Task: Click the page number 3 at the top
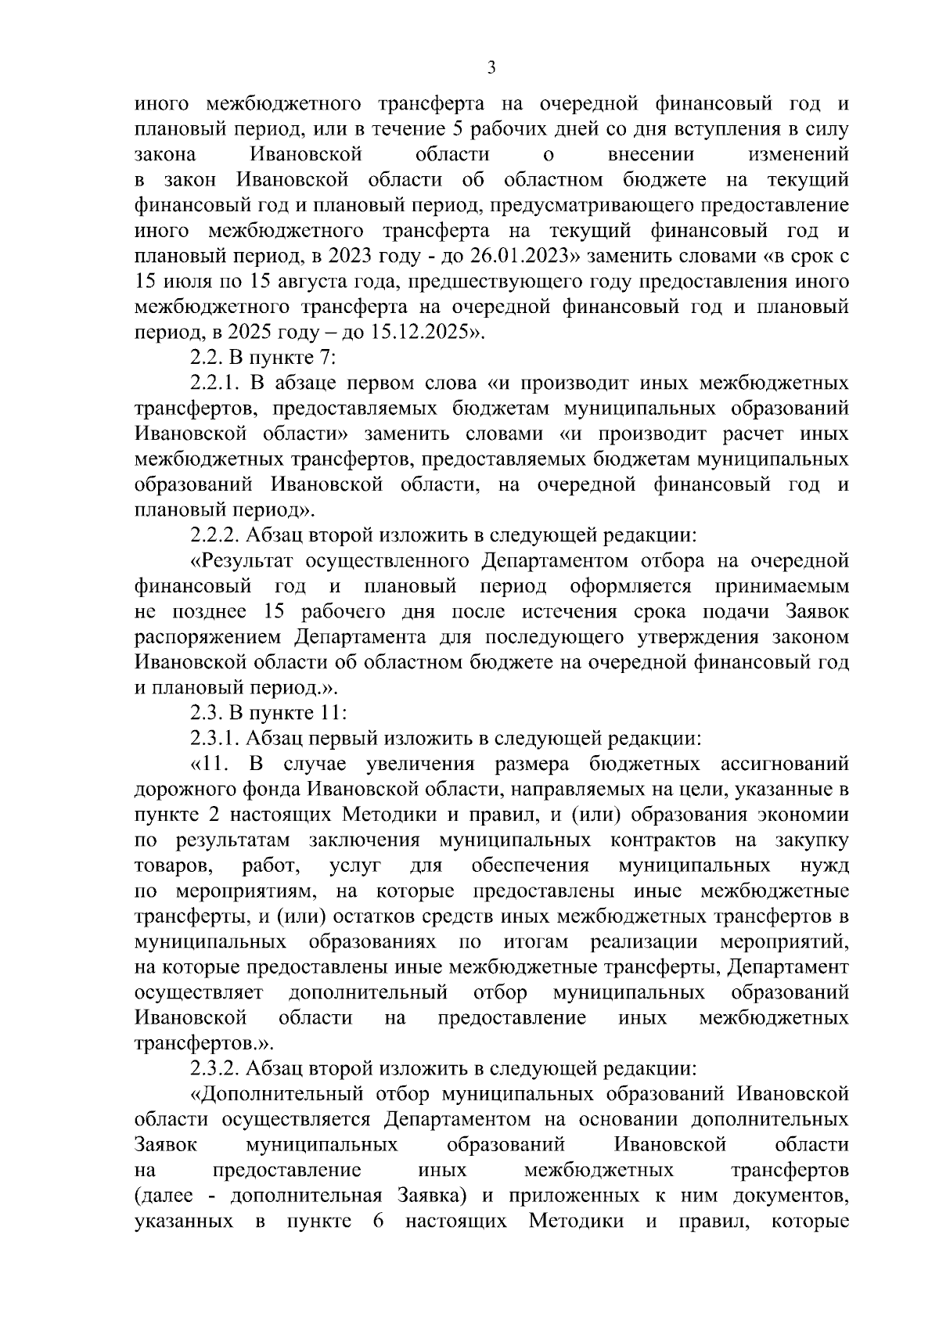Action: tap(491, 68)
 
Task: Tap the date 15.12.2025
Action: tap(422, 333)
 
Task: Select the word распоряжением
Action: tap(209, 637)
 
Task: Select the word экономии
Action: tap(804, 815)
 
